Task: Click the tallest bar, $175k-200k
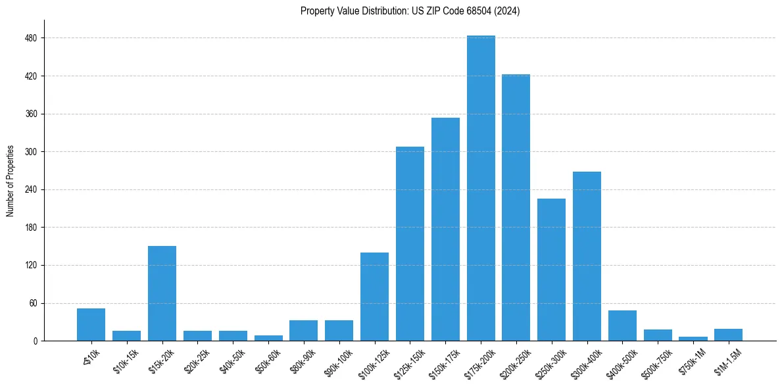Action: point(481,188)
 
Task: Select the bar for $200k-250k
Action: point(516,208)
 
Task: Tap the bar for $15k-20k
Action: point(162,293)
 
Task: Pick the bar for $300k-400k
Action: point(587,256)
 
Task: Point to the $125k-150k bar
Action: point(410,244)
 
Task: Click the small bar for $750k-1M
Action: point(693,339)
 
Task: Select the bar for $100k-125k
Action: point(374,297)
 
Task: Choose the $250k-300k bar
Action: point(551,270)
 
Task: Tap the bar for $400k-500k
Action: point(622,326)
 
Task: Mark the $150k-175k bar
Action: point(445,230)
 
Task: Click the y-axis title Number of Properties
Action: point(10,180)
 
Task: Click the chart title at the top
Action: point(410,11)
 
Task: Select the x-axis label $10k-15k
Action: point(126,359)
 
